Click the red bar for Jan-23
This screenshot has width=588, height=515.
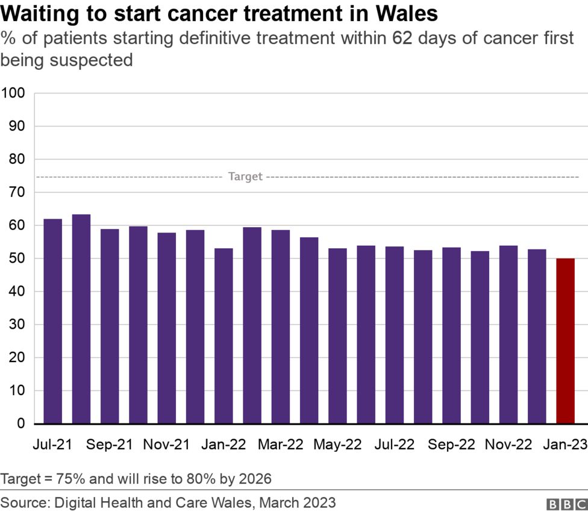(x=565, y=341)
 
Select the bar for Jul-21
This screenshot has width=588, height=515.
(x=52, y=321)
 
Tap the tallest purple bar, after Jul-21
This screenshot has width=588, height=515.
(x=81, y=319)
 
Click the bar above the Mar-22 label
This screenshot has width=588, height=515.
(x=281, y=326)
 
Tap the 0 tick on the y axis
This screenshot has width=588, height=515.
(x=20, y=424)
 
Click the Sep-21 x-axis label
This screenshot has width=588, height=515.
(x=109, y=445)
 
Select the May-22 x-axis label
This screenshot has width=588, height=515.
(x=337, y=445)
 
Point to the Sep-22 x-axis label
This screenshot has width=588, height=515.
(x=451, y=445)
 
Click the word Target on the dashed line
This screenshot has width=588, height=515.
(x=245, y=176)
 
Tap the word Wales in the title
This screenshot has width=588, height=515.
(x=405, y=13)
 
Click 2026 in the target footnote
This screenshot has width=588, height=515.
(x=255, y=479)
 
